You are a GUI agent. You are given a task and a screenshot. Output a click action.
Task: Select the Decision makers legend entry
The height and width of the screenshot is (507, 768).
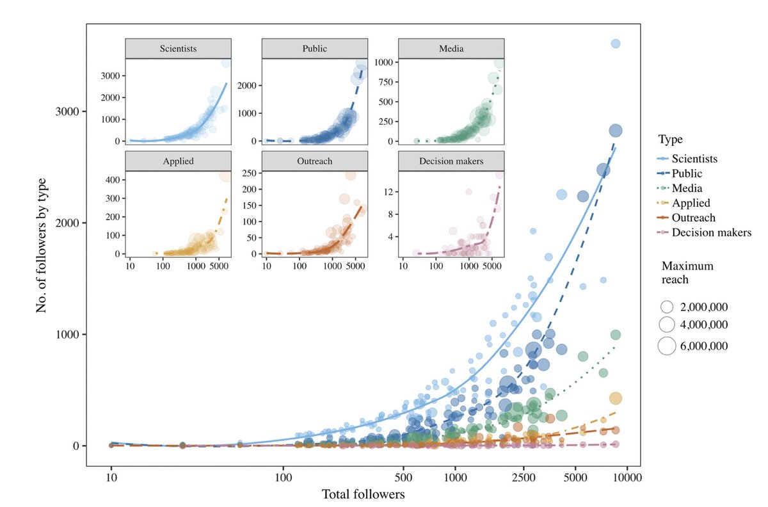pos(711,232)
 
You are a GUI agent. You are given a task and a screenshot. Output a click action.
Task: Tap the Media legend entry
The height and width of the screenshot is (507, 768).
pos(687,188)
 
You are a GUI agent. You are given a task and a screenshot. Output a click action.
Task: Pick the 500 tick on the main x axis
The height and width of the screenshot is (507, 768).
pos(403,478)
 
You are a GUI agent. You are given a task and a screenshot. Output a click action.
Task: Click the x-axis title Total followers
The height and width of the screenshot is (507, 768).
pos(363,494)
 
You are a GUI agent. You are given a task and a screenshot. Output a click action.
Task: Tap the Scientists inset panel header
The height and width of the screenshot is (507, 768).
pos(179,49)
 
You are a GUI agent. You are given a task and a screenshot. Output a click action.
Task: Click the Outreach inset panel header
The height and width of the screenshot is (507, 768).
pos(314,161)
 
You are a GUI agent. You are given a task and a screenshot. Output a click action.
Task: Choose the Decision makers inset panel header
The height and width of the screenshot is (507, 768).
pos(451,161)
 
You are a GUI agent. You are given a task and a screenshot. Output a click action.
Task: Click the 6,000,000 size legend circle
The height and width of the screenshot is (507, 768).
pos(667,346)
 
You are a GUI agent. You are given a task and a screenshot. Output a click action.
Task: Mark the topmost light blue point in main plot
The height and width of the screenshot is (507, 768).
pos(616,44)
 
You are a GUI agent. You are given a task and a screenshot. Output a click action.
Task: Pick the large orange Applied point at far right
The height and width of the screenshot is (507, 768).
pos(615,398)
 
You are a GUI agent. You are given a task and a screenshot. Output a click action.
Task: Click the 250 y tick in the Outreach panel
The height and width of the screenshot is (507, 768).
pos(249,173)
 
